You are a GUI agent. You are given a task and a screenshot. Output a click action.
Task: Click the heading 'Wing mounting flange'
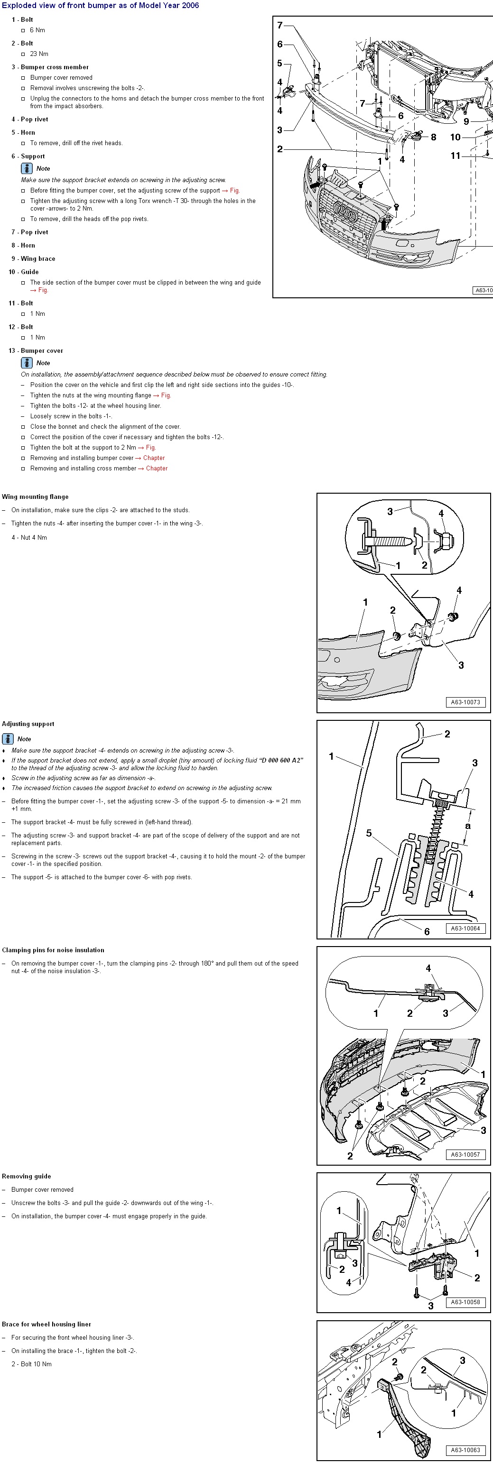pyautogui.click(x=35, y=497)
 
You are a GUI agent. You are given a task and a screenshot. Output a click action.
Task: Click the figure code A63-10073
pyautogui.click(x=465, y=702)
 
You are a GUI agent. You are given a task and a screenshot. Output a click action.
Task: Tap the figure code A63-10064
pyautogui.click(x=465, y=929)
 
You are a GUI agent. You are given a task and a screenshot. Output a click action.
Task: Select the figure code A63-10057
pyautogui.click(x=465, y=1155)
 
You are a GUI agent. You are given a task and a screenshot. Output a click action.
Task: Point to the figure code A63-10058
pyautogui.click(x=465, y=1302)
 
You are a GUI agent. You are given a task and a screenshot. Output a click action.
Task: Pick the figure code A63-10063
pyautogui.click(x=465, y=1450)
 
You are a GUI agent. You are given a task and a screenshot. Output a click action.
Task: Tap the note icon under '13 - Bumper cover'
pyautogui.click(x=27, y=363)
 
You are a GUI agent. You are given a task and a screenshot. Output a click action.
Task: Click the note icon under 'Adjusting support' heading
pyautogui.click(x=8, y=739)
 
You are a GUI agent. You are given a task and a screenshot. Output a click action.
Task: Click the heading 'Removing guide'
pyautogui.click(x=26, y=1176)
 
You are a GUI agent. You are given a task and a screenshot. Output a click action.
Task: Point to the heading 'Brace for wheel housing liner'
pyautogui.click(x=46, y=1324)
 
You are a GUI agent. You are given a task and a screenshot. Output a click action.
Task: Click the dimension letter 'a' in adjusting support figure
pyautogui.click(x=467, y=826)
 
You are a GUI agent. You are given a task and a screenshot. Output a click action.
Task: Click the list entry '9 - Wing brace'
pyautogui.click(x=34, y=259)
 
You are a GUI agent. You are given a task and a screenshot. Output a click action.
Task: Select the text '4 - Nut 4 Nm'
pyautogui.click(x=29, y=537)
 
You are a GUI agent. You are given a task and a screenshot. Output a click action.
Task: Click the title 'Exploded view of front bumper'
pyautogui.click(x=101, y=6)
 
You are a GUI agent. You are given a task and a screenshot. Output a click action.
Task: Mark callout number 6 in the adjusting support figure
pyautogui.click(x=427, y=931)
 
